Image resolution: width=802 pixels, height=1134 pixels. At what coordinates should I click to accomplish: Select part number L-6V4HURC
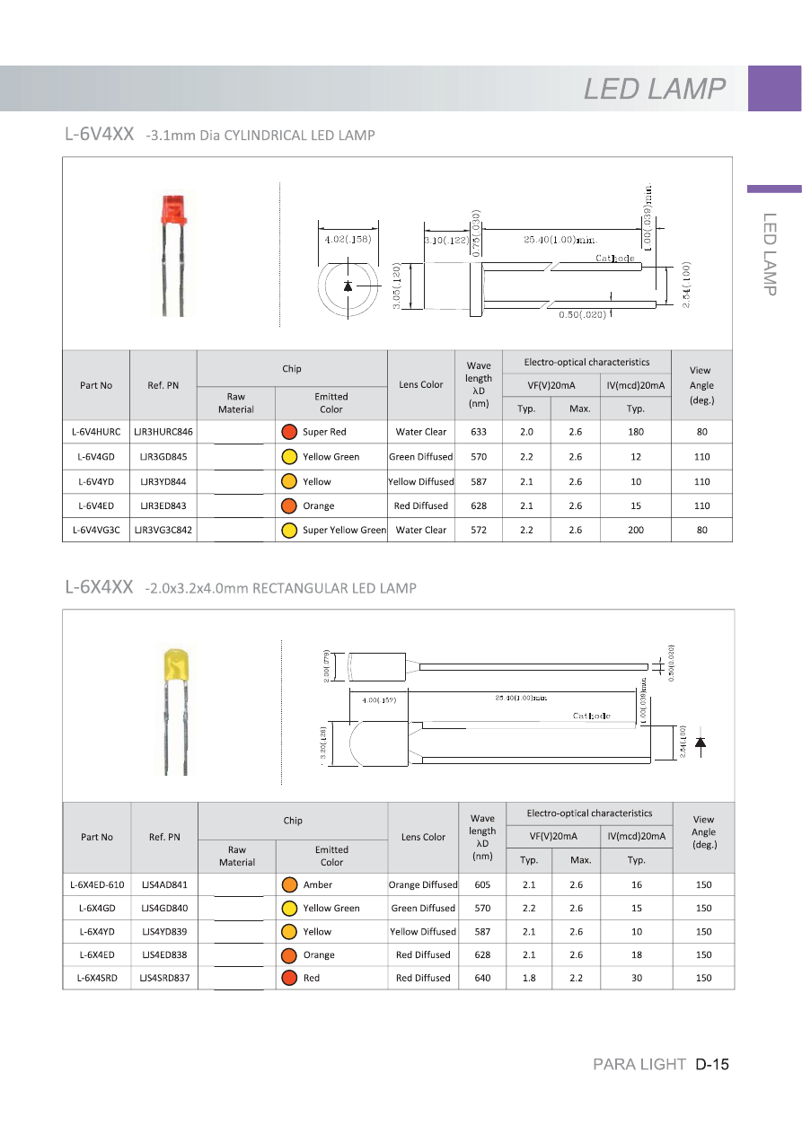[96, 432]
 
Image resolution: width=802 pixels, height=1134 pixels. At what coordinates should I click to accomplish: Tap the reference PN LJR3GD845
[163, 457]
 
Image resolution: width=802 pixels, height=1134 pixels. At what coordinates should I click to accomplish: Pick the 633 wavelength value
[479, 432]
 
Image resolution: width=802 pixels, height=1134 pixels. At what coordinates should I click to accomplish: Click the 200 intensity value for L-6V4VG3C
[636, 530]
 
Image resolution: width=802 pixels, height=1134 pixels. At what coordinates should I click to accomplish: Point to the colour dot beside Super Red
[289, 432]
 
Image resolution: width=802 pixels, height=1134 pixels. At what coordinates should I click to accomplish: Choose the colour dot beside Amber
[289, 884]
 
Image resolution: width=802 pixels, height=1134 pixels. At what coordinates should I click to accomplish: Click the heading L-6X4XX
[99, 587]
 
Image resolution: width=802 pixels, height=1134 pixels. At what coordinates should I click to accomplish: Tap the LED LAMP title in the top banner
[655, 89]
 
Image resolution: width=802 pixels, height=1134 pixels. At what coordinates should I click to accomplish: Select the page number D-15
[711, 1065]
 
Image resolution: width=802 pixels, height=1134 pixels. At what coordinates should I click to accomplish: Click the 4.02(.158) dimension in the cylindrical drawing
[348, 239]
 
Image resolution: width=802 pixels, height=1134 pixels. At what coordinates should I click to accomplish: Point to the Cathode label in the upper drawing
[615, 259]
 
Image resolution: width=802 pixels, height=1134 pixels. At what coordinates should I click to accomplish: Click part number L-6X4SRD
[97, 978]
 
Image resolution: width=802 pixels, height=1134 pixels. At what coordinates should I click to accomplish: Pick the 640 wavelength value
[482, 978]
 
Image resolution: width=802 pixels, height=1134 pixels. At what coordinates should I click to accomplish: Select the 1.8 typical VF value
[529, 978]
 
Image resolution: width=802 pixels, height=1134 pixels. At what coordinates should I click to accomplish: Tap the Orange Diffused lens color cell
[423, 884]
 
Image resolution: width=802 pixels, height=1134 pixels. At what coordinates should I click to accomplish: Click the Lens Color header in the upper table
[420, 384]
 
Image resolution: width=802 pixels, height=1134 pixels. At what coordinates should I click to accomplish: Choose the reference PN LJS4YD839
[164, 931]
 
